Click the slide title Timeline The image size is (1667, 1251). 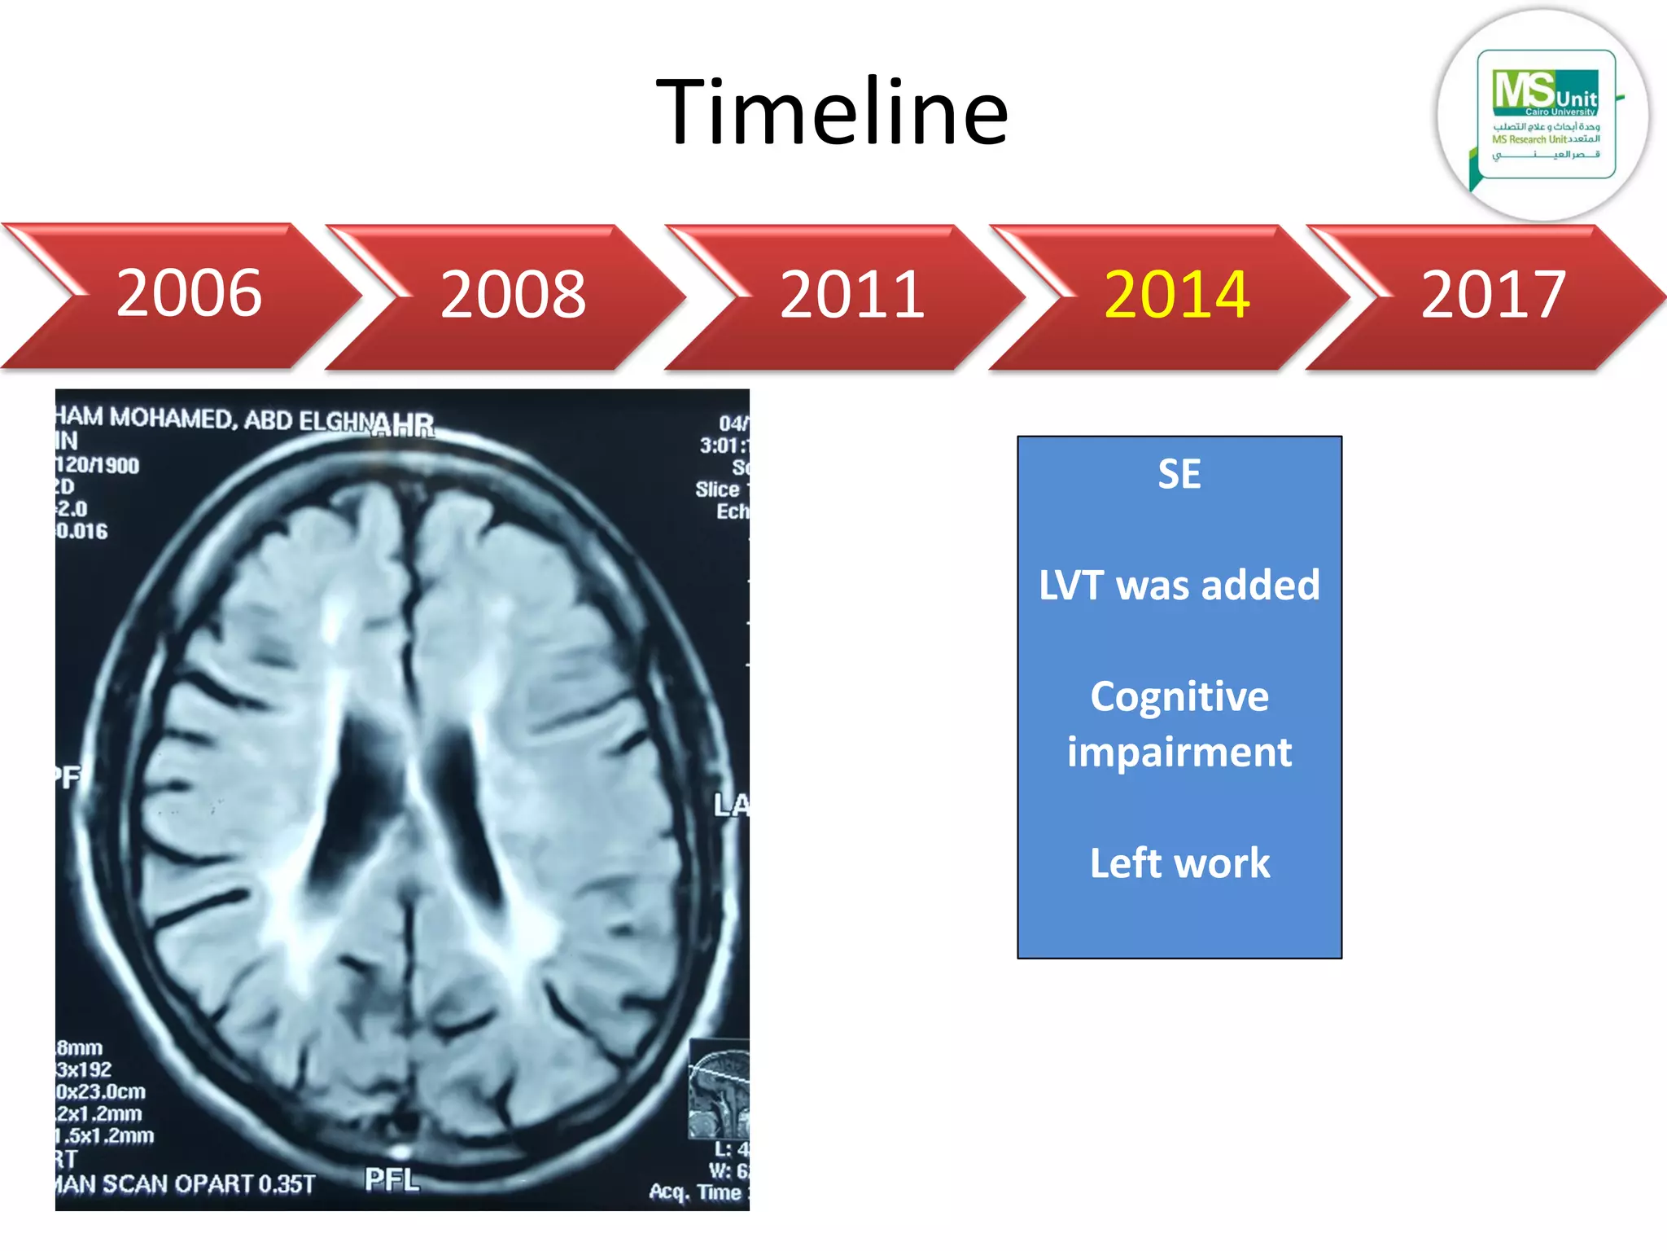click(832, 112)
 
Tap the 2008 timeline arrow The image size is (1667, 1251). click(513, 295)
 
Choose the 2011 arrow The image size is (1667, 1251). click(851, 295)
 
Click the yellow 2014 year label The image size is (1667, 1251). click(1176, 295)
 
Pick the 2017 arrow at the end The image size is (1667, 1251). click(1493, 295)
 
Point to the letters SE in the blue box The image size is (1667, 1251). click(1179, 474)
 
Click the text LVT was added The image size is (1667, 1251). click(1179, 586)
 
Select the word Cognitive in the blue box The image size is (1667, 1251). click(1179, 697)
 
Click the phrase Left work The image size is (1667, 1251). click(1179, 863)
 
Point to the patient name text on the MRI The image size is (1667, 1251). click(212, 419)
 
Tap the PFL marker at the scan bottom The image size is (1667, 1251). click(392, 1179)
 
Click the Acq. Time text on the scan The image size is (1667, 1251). click(696, 1192)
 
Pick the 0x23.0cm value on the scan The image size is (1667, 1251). click(100, 1091)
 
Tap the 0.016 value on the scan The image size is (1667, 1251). click(81, 532)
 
